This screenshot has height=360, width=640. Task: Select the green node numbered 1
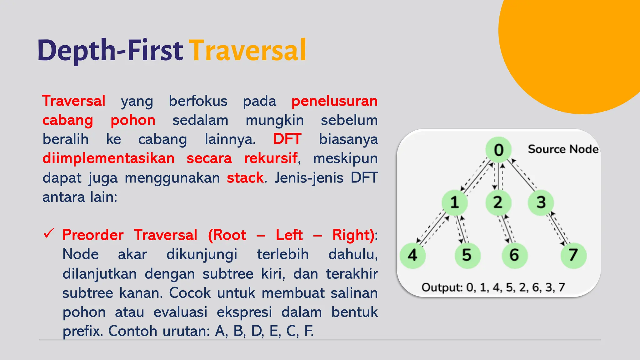[x=454, y=202]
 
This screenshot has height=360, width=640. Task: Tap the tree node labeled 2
[x=498, y=202]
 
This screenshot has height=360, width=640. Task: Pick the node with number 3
[x=541, y=202]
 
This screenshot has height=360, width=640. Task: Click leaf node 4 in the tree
[x=412, y=255]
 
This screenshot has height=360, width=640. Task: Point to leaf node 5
[x=467, y=255]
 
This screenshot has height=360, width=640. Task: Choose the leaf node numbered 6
[x=514, y=255]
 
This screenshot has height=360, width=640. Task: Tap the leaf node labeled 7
[x=573, y=255]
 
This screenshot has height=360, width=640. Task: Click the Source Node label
[x=563, y=149]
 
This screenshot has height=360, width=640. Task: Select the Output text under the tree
[x=493, y=287]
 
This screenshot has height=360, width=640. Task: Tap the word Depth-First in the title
[x=110, y=51]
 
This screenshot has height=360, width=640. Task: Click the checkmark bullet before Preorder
[x=49, y=233]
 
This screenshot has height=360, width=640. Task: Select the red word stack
[x=245, y=178]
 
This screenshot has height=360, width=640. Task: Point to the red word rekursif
[x=270, y=158]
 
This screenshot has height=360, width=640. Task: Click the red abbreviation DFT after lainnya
[x=287, y=139]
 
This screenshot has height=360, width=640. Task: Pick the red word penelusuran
[x=334, y=101]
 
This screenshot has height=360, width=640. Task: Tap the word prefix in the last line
[x=82, y=331]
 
